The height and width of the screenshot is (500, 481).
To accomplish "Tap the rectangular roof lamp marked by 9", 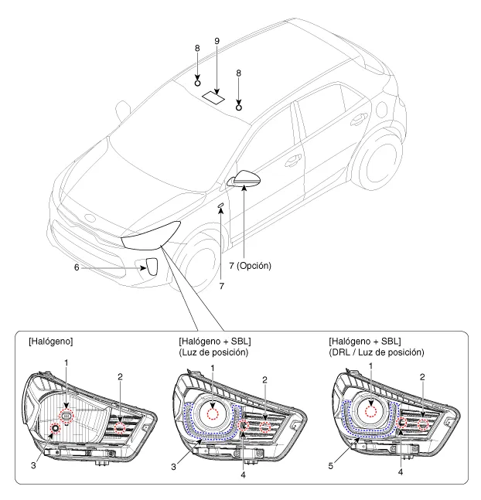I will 214,97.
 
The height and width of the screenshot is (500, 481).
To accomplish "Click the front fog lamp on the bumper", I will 152,267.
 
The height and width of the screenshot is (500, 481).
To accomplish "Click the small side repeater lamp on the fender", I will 221,206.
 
